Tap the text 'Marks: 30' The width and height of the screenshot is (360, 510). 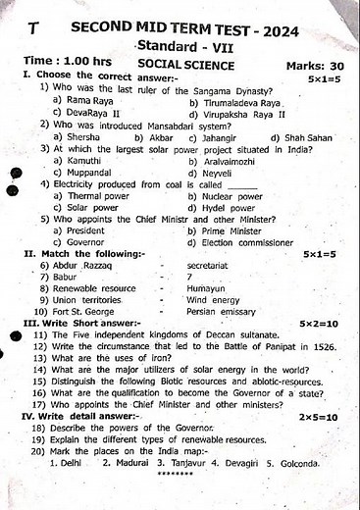312,65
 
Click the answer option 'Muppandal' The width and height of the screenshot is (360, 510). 87,172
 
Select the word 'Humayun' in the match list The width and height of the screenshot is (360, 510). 206,288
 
